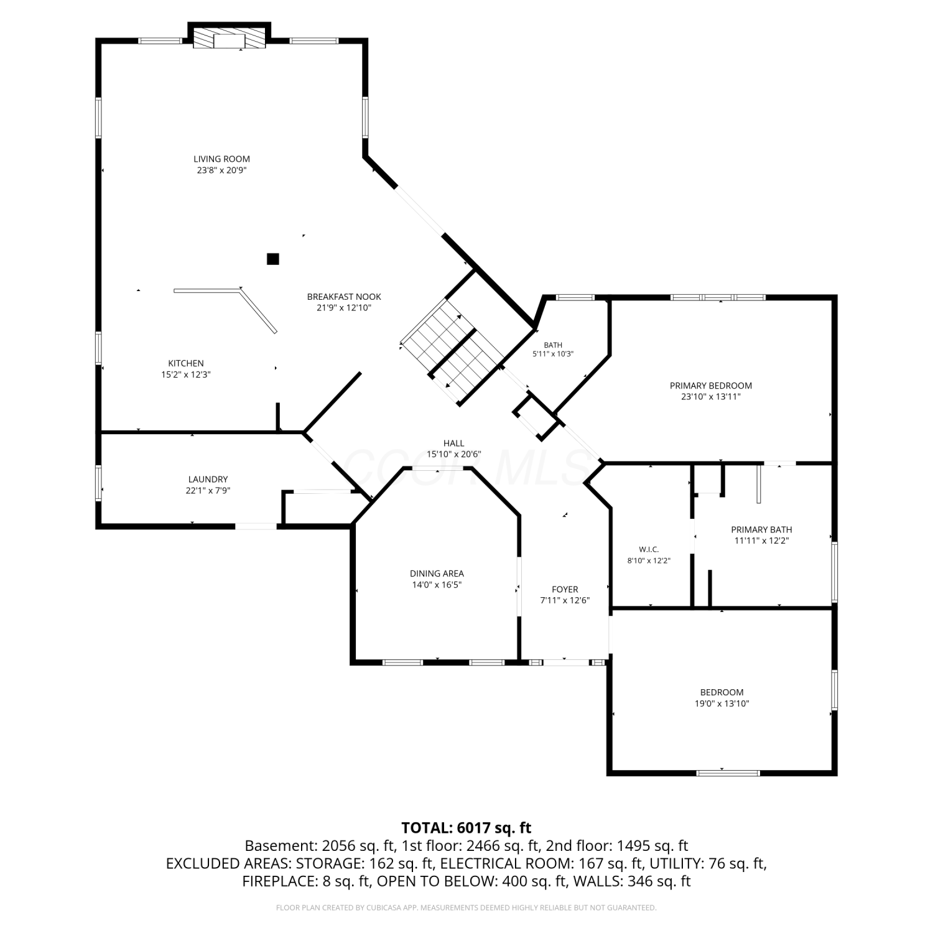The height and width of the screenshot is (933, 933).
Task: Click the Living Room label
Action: coord(221,159)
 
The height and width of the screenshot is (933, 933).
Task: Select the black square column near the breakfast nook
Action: coord(272,259)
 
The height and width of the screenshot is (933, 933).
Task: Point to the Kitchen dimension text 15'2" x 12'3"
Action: coord(186,374)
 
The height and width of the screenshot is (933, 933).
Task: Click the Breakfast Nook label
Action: coord(344,297)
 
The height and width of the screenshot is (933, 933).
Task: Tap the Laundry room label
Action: coord(208,480)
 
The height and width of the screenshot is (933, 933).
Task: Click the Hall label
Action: coord(454,443)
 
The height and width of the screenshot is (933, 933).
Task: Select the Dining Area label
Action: coord(437,573)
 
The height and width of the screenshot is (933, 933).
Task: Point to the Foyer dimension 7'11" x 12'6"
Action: coord(565,601)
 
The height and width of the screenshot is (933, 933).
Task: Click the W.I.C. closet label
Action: coord(649,550)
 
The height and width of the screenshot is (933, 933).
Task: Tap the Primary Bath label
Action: coord(761,530)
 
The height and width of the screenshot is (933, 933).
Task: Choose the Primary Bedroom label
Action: coord(711,386)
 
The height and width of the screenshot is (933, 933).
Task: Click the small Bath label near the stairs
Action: coord(553,345)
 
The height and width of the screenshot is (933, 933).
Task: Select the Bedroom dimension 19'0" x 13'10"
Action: coord(722,703)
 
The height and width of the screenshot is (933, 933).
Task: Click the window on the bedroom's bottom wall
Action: coord(728,773)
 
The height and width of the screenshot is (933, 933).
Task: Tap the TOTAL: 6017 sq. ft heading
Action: coord(466,828)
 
